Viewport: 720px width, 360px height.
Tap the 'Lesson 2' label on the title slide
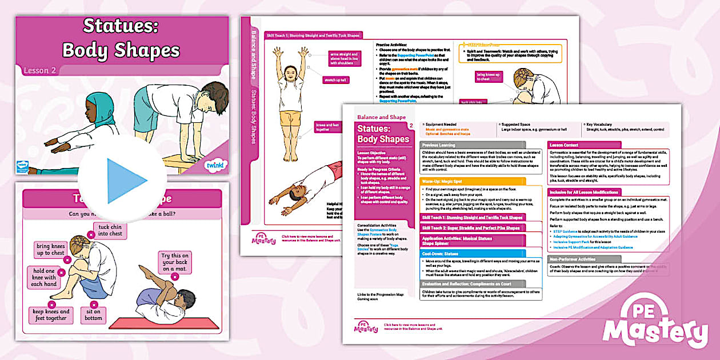point(39,71)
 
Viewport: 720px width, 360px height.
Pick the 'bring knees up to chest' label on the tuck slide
point(50,249)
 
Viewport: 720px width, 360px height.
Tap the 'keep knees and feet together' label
point(50,315)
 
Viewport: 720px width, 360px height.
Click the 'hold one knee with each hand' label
point(43,277)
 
